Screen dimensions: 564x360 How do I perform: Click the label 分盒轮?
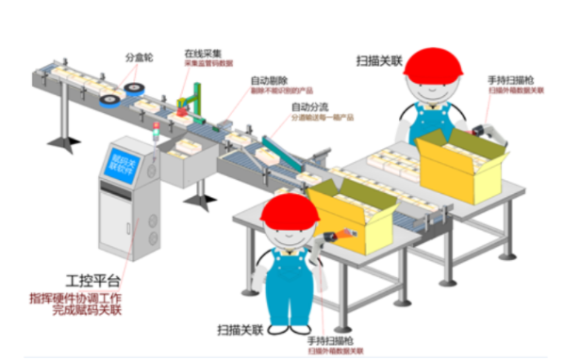138,56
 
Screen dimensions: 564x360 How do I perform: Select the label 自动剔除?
268,80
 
